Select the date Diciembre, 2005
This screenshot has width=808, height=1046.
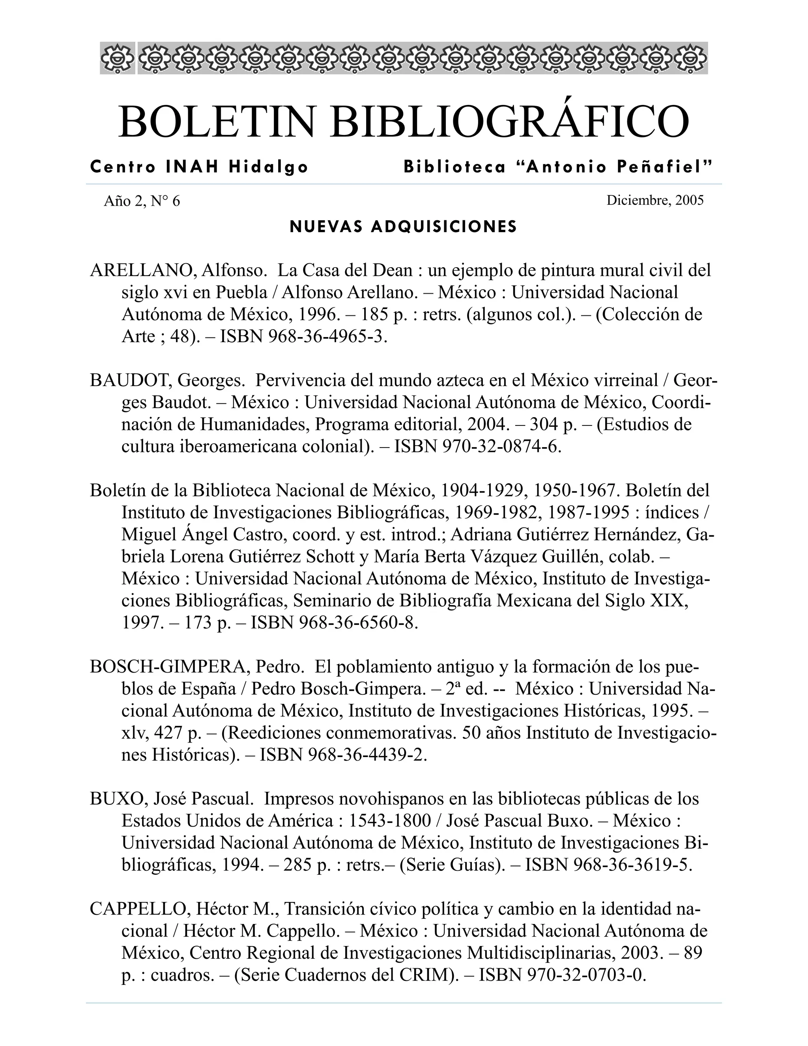[655, 200]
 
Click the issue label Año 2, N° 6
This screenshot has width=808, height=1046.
[142, 201]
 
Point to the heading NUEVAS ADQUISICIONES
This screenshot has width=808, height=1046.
[404, 227]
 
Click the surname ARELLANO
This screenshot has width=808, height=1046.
[141, 271]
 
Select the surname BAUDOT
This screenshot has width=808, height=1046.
[131, 381]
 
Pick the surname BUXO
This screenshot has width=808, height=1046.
[117, 799]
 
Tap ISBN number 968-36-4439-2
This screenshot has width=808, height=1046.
[367, 754]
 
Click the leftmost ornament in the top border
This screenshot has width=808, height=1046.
[117, 58]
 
